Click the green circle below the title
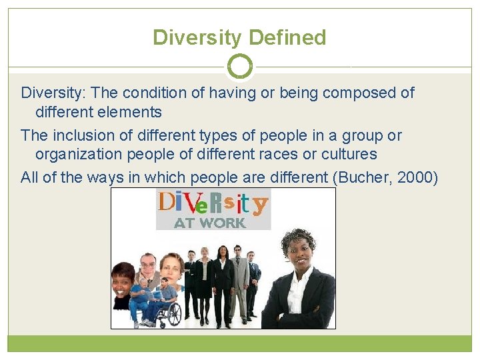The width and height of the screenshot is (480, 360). [240, 67]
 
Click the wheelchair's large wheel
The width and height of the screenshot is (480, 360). [171, 313]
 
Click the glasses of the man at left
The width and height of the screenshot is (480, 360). [148, 265]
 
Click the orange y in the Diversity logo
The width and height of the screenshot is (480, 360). [260, 204]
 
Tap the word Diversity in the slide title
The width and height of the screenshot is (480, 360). [194, 37]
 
